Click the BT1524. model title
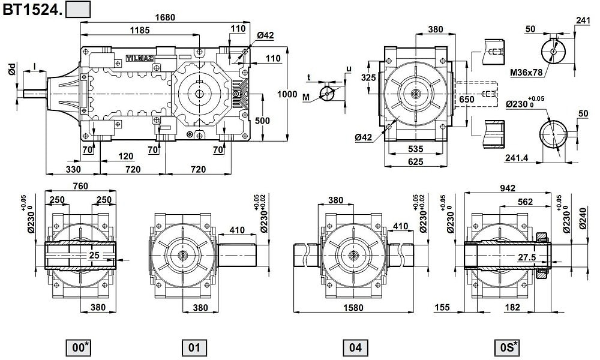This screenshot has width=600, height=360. (x=32, y=10)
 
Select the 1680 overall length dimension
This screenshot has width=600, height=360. (x=165, y=17)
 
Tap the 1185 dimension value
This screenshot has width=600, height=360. (x=140, y=30)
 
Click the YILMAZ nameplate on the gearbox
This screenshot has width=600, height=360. (x=140, y=58)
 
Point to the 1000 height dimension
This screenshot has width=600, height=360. (x=287, y=94)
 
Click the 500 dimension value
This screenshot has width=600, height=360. (x=262, y=121)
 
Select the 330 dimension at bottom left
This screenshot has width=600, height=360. (x=73, y=169)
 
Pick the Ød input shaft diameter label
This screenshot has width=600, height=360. (x=12, y=70)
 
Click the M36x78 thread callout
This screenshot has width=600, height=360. (x=527, y=73)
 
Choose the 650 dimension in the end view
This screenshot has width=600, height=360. (x=466, y=100)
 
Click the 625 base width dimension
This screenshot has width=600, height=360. (x=416, y=161)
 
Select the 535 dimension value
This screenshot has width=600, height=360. (x=416, y=149)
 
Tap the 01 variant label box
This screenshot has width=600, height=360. (x=194, y=347)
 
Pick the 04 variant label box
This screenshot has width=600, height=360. (x=355, y=347)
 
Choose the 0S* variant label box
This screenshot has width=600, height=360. (x=509, y=347)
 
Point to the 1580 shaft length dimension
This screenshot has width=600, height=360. (x=353, y=307)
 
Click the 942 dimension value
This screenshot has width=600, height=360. (x=508, y=188)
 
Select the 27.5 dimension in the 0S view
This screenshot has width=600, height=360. (x=527, y=258)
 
